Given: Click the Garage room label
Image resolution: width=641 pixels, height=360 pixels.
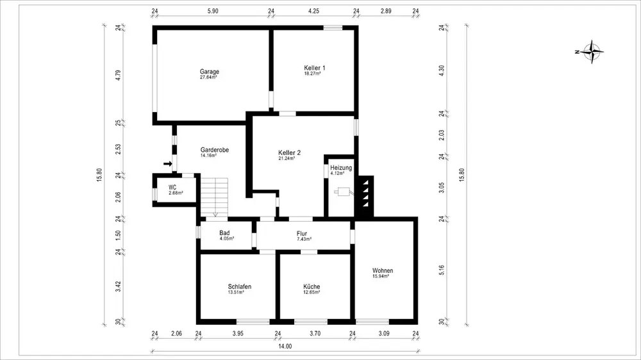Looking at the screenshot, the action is pos(210,72).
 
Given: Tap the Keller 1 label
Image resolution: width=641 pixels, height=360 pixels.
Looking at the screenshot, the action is pos(314,68).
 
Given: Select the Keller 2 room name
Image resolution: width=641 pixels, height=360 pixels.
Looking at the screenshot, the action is pos(290,153).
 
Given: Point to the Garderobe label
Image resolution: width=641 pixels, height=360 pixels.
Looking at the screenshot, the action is pos(215,150).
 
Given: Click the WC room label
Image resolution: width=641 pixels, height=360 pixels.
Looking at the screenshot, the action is pos(172,188).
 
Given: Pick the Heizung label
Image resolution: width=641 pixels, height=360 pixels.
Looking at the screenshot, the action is pos(341,168).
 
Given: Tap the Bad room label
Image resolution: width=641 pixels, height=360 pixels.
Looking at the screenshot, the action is pos(224,233).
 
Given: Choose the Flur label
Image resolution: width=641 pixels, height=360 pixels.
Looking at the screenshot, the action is pos(302,234).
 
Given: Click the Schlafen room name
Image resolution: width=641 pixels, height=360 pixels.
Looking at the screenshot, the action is pos(240,286).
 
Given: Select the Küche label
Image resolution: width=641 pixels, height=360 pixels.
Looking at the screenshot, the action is pos(312,286).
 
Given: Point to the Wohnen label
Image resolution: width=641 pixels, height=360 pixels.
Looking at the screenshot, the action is pos(383,270).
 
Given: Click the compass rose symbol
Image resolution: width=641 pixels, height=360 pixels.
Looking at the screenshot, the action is pos(591,52).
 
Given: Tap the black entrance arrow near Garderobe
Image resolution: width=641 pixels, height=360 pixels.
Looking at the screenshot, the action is pos(167,164).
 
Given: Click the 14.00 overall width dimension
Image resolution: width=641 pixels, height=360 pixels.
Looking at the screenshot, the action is pos(285,346).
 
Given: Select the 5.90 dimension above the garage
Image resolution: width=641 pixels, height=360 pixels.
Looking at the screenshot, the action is pos(213,11).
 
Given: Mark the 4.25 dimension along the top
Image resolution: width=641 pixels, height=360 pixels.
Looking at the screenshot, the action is pos(313,11).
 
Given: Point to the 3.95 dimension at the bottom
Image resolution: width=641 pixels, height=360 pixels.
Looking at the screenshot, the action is pos(238,334).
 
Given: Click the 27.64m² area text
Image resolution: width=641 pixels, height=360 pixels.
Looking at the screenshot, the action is pos(208,77).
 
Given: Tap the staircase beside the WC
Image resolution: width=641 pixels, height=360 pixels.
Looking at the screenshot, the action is pos(214,197).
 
